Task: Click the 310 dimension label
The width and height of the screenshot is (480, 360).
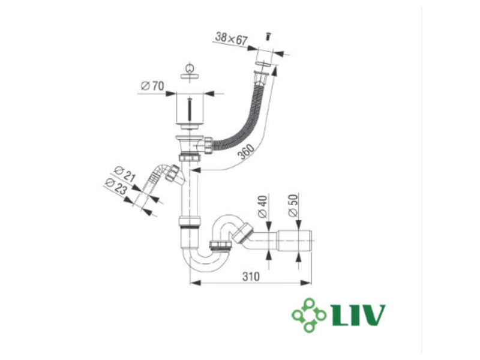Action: [251, 277]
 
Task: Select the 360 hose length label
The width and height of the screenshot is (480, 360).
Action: [247, 152]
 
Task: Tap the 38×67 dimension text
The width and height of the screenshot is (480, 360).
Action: [231, 38]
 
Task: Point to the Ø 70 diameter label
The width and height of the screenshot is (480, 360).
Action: [152, 86]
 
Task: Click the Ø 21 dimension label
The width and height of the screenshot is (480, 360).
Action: [125, 174]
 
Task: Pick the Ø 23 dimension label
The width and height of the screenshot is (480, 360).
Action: [116, 186]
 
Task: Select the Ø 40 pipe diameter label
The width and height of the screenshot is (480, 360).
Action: [263, 206]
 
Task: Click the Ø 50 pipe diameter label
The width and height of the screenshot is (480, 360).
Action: [293, 205]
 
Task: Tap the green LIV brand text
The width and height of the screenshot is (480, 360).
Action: [358, 315]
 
